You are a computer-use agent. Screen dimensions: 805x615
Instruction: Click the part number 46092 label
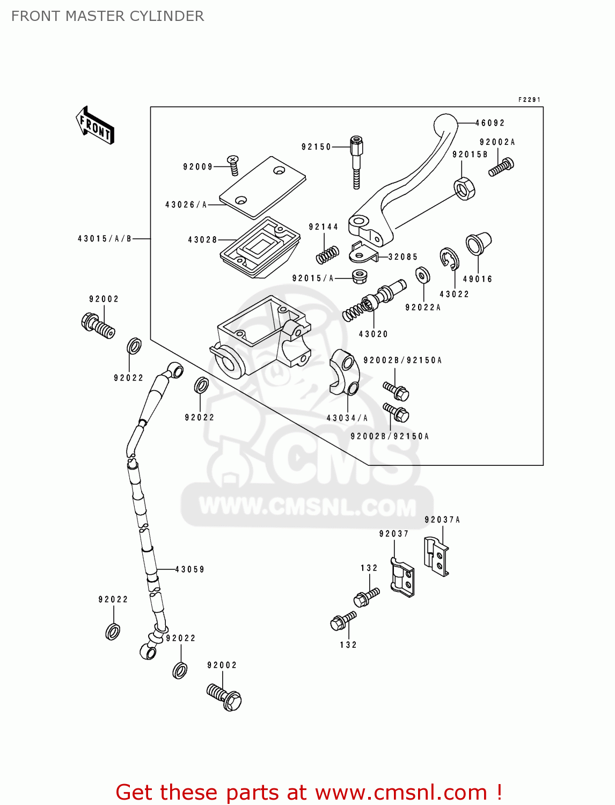[x=490, y=123]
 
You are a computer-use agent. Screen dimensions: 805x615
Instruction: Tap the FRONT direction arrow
[x=95, y=126]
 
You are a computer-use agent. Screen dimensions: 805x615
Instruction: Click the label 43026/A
[x=186, y=204]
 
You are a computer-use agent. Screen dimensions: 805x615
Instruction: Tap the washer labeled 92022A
[x=423, y=275]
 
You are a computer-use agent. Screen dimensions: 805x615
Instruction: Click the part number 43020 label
[x=373, y=334]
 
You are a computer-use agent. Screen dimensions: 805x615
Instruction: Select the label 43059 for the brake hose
[x=190, y=569]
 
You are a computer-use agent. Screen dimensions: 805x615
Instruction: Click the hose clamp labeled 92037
[x=402, y=577]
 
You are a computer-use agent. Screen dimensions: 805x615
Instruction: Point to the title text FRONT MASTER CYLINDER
[x=107, y=16]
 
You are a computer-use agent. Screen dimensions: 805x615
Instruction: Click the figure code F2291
[x=529, y=100]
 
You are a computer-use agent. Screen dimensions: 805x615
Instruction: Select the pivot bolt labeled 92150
[x=356, y=161]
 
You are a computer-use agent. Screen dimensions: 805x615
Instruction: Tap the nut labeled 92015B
[x=464, y=188]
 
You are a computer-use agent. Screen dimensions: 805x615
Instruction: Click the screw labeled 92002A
[x=501, y=167]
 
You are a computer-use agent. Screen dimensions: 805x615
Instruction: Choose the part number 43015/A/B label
[x=105, y=239]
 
